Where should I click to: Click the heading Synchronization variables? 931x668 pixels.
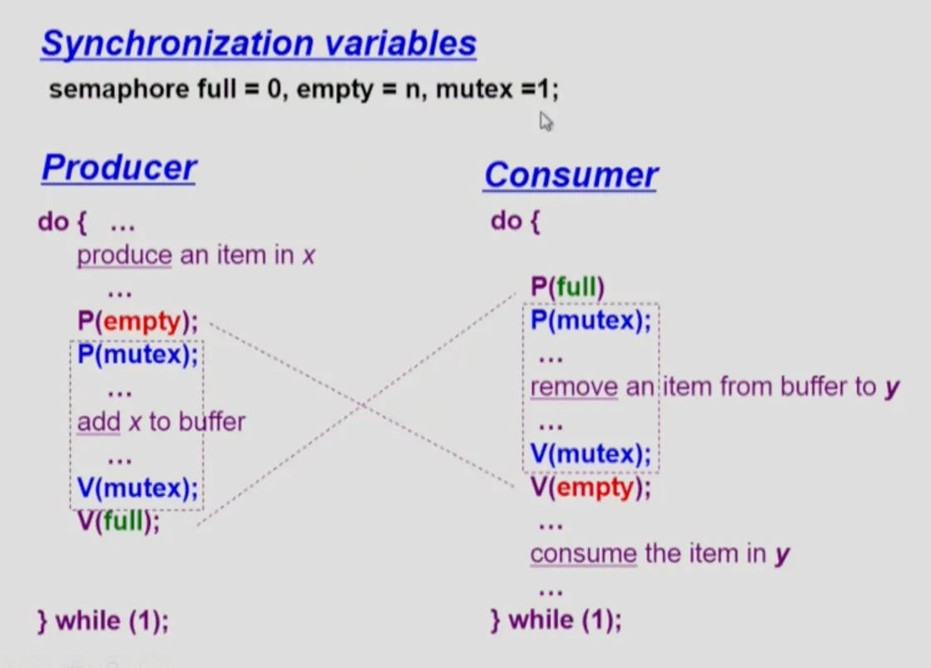point(259,43)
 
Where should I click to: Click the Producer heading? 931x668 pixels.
point(119,168)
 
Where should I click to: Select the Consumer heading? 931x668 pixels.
point(571,175)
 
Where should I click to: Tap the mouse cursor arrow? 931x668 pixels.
point(546,121)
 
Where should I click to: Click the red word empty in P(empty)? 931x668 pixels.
point(142,322)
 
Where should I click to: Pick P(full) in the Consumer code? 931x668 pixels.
point(567,287)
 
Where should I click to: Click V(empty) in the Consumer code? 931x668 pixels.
point(590,488)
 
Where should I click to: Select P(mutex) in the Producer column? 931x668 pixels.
point(138,355)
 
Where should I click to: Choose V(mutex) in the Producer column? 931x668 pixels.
point(138,488)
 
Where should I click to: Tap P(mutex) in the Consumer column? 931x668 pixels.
point(590,321)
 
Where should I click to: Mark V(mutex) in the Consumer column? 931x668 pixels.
point(590,454)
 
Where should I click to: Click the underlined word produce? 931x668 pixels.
point(125,256)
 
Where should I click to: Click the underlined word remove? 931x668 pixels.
point(574,387)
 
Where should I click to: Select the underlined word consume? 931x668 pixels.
point(584,554)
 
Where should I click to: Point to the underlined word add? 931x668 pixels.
point(99,422)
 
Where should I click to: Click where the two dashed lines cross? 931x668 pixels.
point(364,405)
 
